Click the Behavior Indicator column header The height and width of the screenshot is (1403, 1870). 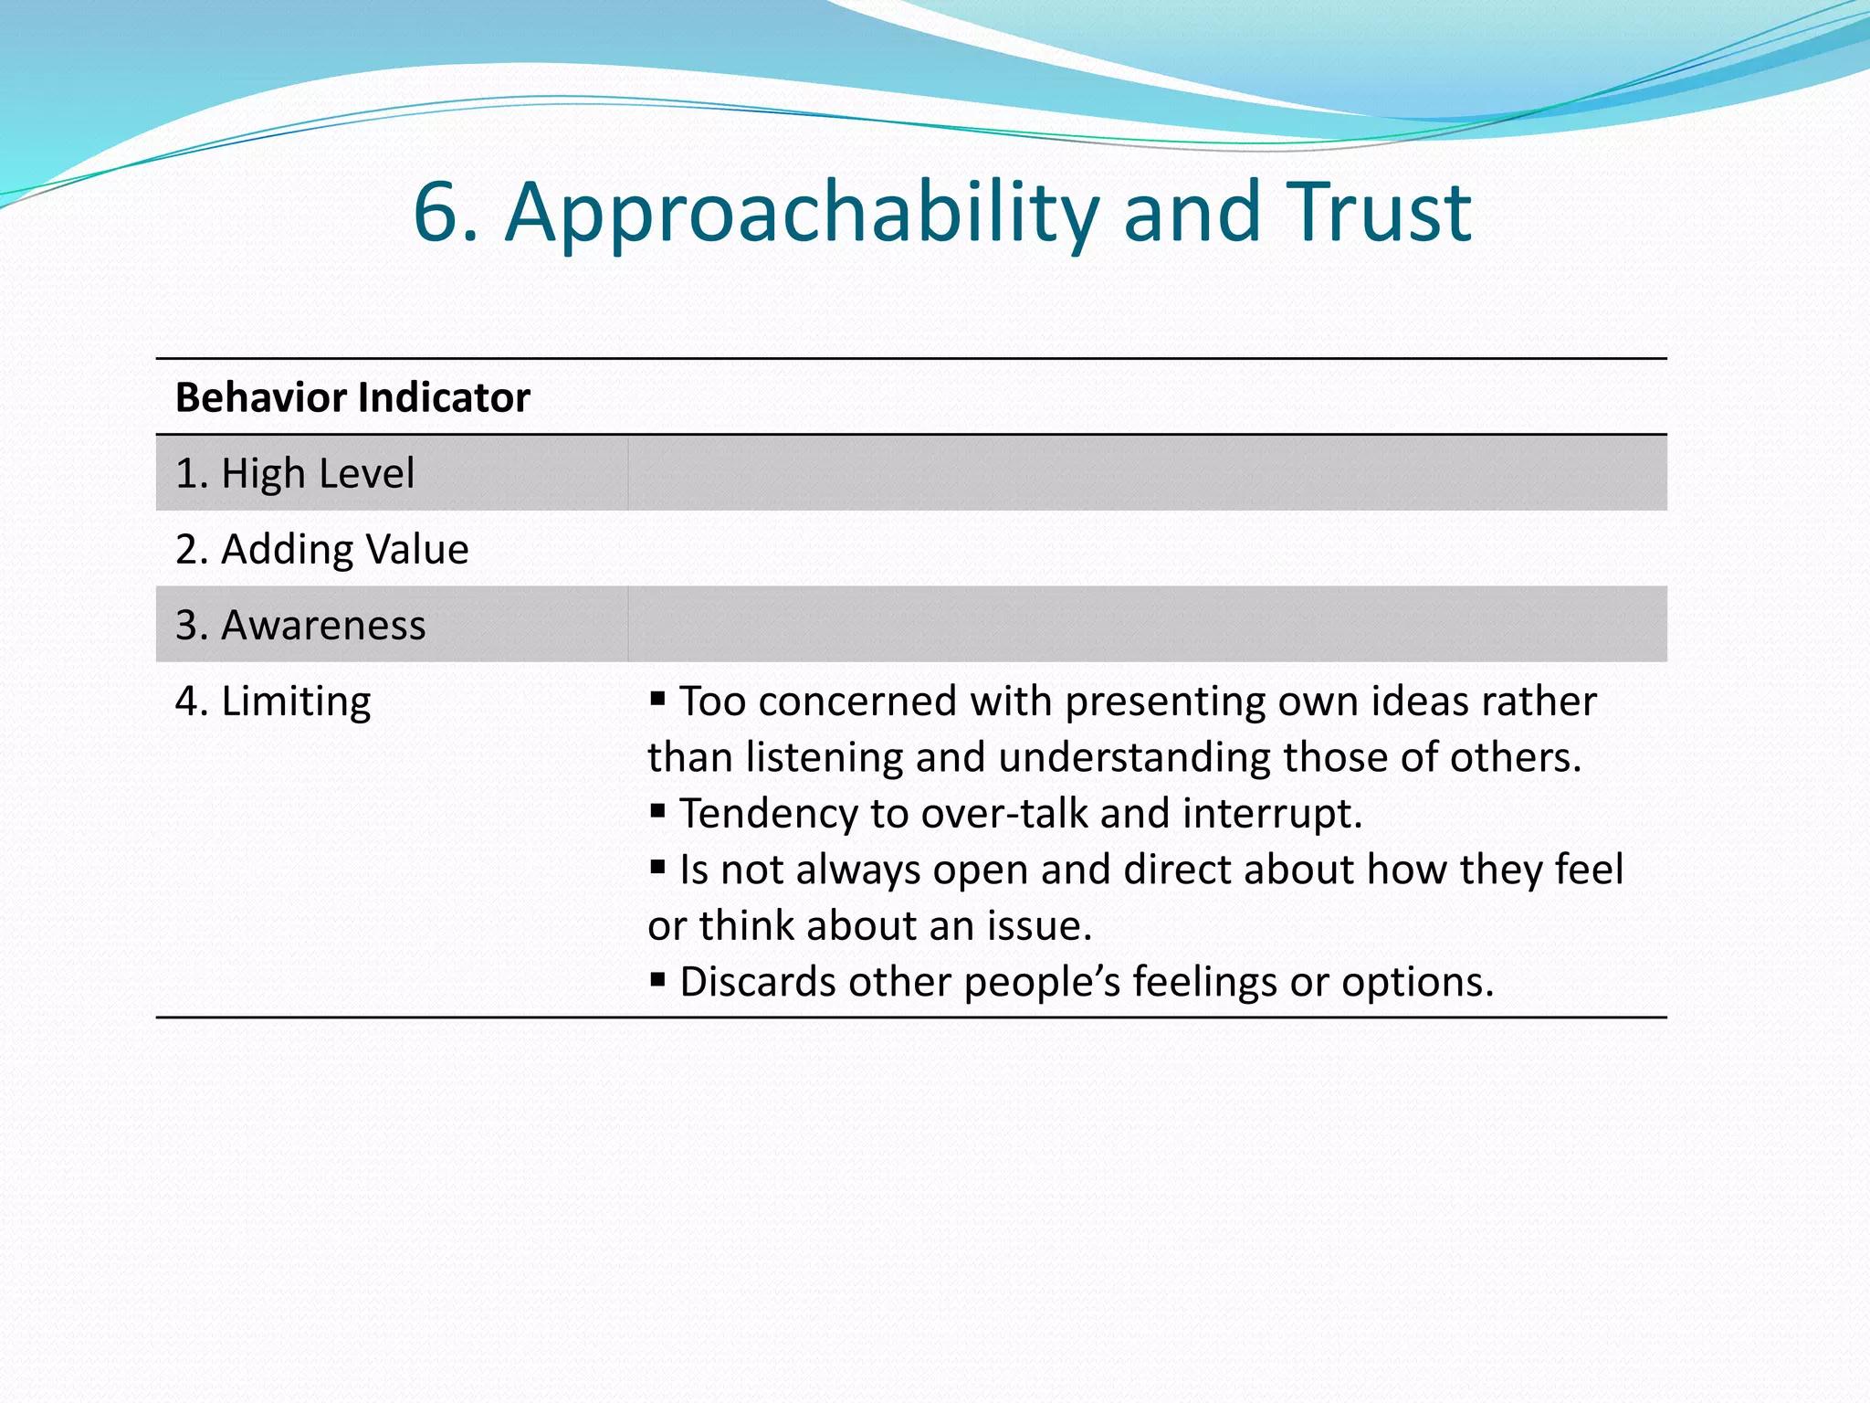coord(352,398)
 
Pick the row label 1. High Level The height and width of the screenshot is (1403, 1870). coord(295,474)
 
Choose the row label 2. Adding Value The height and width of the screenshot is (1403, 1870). coord(321,550)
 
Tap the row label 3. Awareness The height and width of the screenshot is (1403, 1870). coord(300,626)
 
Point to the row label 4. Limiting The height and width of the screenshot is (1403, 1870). coord(273,701)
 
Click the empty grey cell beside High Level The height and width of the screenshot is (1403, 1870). coord(1146,473)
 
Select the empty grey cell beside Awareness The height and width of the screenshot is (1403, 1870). coord(1146,625)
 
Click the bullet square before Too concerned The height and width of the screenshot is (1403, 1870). coord(657,699)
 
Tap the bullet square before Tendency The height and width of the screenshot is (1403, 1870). coord(657,810)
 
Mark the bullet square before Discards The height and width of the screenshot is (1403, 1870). coord(657,979)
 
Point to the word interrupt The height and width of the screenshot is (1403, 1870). coord(1270,813)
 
